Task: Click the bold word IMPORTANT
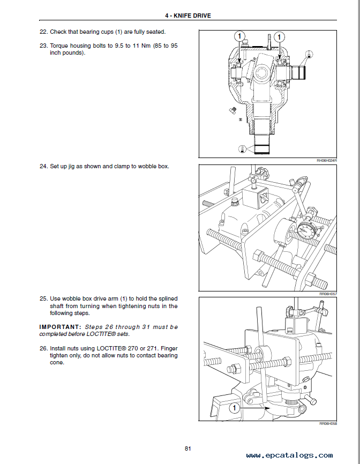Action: tap(60, 327)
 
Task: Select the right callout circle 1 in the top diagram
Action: tap(280, 36)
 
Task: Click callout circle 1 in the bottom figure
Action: tap(233, 409)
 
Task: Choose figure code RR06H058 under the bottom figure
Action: tap(327, 424)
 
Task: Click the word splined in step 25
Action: tap(167, 298)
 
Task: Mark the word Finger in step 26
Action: tap(167, 348)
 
